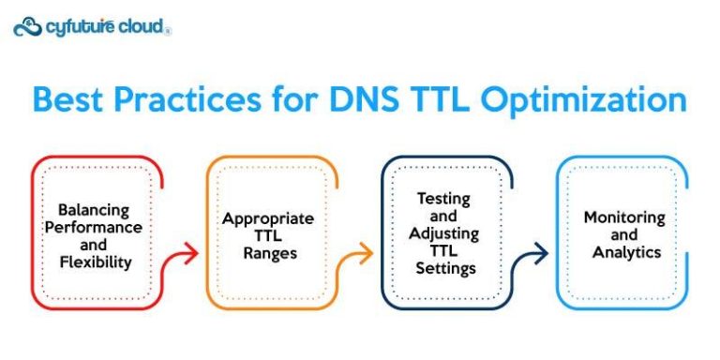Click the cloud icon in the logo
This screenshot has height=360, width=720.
coord(28,26)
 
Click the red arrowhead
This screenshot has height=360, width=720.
coord(191,252)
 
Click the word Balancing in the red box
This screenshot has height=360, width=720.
coord(94,210)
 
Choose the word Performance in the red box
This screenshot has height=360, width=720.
coord(94,227)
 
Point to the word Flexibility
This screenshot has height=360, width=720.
coord(94,262)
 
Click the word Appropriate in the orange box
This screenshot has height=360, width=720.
coord(268,218)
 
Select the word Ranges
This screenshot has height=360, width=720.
coord(268,253)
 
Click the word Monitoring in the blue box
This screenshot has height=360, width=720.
coord(623,217)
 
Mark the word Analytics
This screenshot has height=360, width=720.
coord(623,252)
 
